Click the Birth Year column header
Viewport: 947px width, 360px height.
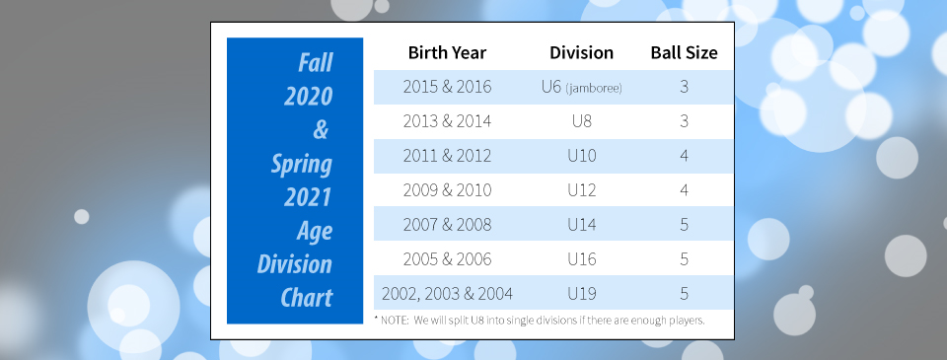tap(447, 52)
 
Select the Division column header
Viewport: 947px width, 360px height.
tap(582, 52)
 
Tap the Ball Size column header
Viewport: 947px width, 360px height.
tap(684, 52)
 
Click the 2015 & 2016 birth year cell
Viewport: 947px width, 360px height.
tap(447, 87)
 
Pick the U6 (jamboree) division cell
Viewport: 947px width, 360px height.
tap(582, 87)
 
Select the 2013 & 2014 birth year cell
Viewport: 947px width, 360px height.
tap(447, 121)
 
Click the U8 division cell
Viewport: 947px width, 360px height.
tap(582, 121)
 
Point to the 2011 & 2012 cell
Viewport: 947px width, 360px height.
tap(447, 156)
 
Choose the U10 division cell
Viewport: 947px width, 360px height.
tap(582, 156)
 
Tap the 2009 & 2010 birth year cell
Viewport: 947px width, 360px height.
tap(447, 190)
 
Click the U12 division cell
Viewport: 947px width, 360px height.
tap(582, 190)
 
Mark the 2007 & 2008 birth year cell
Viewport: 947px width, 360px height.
tap(447, 225)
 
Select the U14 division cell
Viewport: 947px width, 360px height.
tap(582, 225)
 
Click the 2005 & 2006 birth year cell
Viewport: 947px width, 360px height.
tap(447, 259)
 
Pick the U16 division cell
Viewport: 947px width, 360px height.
tap(582, 259)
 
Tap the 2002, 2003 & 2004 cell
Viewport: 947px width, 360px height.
tap(447, 294)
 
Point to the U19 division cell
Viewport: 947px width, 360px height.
tap(582, 294)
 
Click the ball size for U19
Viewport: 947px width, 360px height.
tap(684, 294)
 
